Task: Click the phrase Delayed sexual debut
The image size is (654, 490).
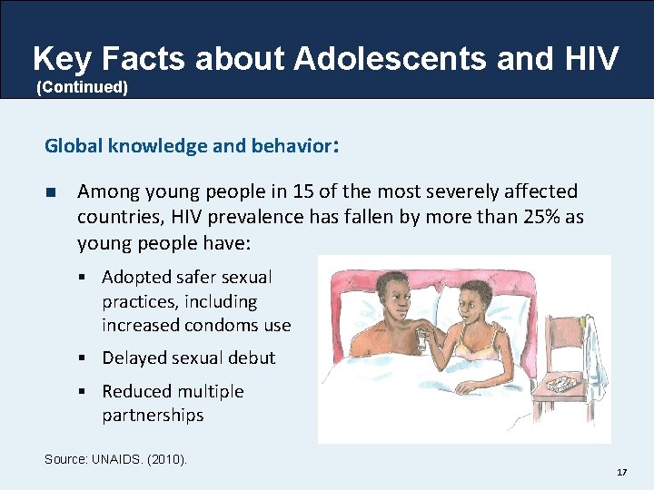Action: pyautogui.click(x=188, y=358)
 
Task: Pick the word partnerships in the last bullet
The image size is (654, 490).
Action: pyautogui.click(x=153, y=416)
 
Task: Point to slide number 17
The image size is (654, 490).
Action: pyautogui.click(x=621, y=473)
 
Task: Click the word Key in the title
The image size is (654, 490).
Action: pyautogui.click(x=62, y=59)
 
